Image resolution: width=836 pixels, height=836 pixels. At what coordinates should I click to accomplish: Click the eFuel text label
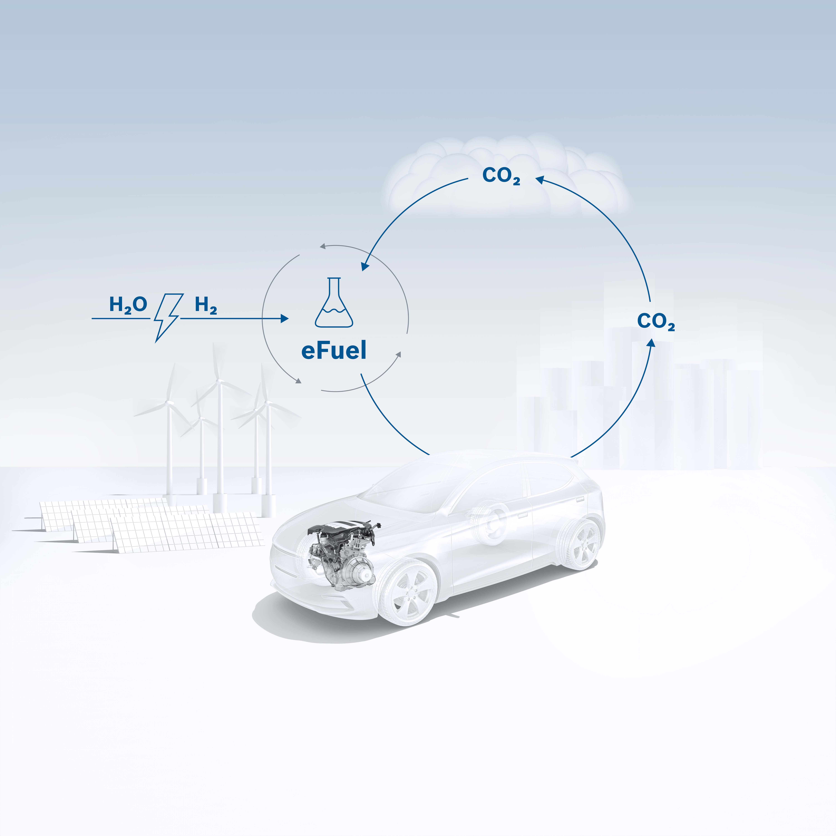tap(334, 350)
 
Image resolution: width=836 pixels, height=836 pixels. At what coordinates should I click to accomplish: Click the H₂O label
tap(128, 305)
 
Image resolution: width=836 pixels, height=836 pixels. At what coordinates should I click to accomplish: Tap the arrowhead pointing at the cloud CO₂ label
tap(540, 179)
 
